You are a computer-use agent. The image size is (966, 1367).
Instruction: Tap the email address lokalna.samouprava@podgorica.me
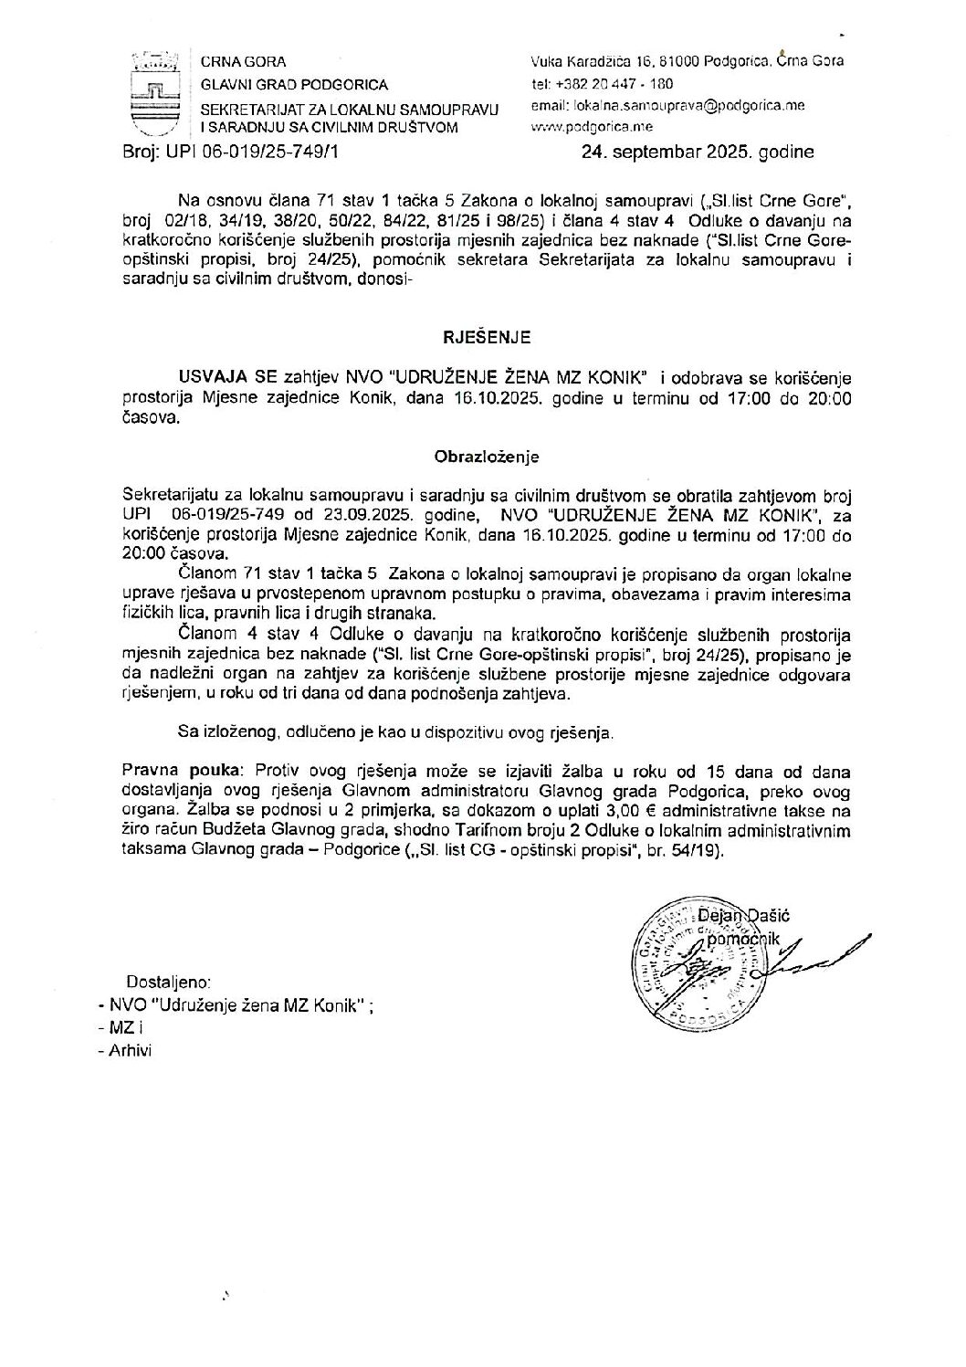point(667,106)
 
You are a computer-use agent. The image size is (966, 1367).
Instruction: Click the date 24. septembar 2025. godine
point(697,152)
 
